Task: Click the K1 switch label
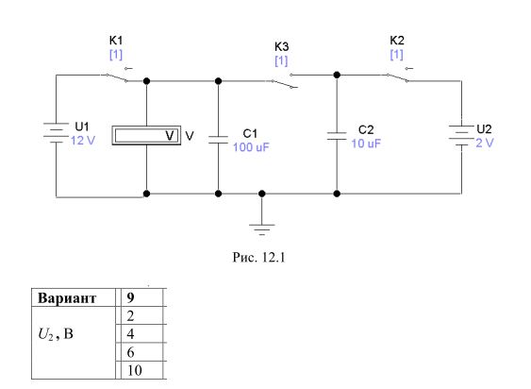tap(116, 41)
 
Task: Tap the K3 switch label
tap(281, 46)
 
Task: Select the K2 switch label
tap(397, 41)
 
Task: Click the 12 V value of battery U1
tap(83, 141)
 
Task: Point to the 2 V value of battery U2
tap(485, 143)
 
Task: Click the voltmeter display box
tap(146, 136)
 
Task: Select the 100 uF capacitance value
tap(251, 147)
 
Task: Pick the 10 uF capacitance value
tap(366, 144)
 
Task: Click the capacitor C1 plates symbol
tap(219, 140)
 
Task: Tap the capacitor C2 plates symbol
tap(337, 136)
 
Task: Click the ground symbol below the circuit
tap(262, 229)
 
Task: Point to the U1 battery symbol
tap(56, 132)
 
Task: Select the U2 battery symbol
tap(461, 136)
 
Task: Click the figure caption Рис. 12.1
tap(258, 258)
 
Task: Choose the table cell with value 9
tap(142, 297)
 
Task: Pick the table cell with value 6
tap(142, 352)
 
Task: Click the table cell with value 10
tap(142, 370)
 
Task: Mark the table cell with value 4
tap(142, 333)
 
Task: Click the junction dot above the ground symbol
tap(262, 194)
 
